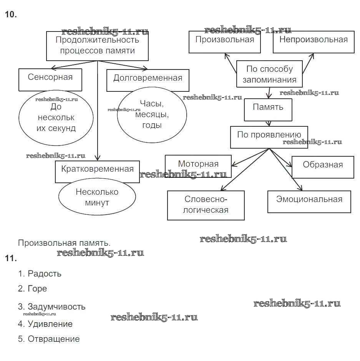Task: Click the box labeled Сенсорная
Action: [x=50, y=79]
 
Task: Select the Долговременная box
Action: [x=148, y=80]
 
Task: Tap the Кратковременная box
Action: [x=97, y=171]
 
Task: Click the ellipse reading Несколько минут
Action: [x=97, y=197]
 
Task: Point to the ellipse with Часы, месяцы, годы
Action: [x=151, y=114]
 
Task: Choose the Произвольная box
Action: [x=224, y=41]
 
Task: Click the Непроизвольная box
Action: [x=313, y=41]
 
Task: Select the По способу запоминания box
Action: [x=269, y=74]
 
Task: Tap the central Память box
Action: [x=268, y=109]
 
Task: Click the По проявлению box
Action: [x=269, y=137]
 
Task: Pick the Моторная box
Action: [x=198, y=166]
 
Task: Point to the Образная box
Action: [x=323, y=167]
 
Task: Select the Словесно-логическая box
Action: [x=206, y=205]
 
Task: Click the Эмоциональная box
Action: [x=309, y=202]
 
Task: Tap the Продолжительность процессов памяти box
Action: [x=97, y=46]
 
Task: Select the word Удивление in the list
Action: [x=50, y=324]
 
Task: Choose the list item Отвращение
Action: [x=53, y=339]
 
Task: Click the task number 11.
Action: [x=11, y=258]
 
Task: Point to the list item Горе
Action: [x=37, y=288]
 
